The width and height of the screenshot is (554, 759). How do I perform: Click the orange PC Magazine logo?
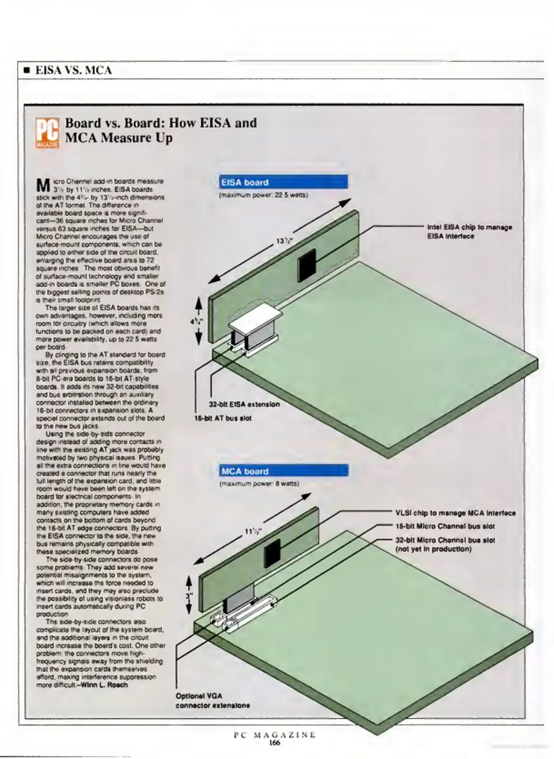tap(47, 133)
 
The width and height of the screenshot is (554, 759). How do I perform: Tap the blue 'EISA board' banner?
tap(283, 182)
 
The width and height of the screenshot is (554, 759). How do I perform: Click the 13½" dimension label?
tap(282, 241)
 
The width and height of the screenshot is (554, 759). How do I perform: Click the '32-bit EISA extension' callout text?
tap(244, 404)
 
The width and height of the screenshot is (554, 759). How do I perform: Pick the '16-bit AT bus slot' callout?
tap(223, 418)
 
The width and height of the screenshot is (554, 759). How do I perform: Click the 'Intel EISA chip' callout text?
tap(469, 232)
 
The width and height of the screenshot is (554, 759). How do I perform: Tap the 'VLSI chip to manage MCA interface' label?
tap(455, 513)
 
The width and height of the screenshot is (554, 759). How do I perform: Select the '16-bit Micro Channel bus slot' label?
tap(445, 526)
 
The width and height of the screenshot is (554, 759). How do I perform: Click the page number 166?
tap(274, 743)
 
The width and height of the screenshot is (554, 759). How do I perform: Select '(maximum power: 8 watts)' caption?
tap(259, 484)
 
